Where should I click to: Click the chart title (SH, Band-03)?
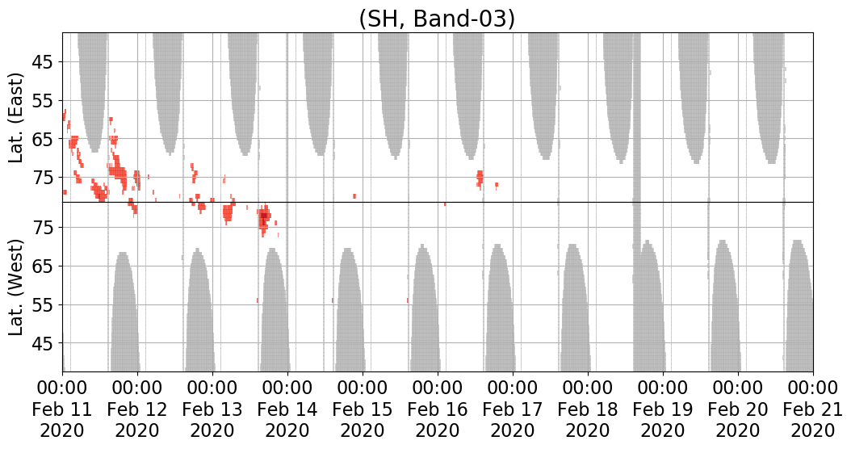437,19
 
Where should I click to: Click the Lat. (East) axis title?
18,118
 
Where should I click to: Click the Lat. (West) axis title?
18,287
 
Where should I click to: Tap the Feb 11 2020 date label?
62,409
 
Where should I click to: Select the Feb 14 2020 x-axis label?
287,409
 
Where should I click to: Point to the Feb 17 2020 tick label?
513,409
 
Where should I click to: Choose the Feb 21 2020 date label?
812,409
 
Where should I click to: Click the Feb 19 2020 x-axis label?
663,409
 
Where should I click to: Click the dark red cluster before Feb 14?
264,218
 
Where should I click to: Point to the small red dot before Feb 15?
354,196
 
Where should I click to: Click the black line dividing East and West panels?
438,202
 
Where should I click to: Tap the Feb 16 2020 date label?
438,409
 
